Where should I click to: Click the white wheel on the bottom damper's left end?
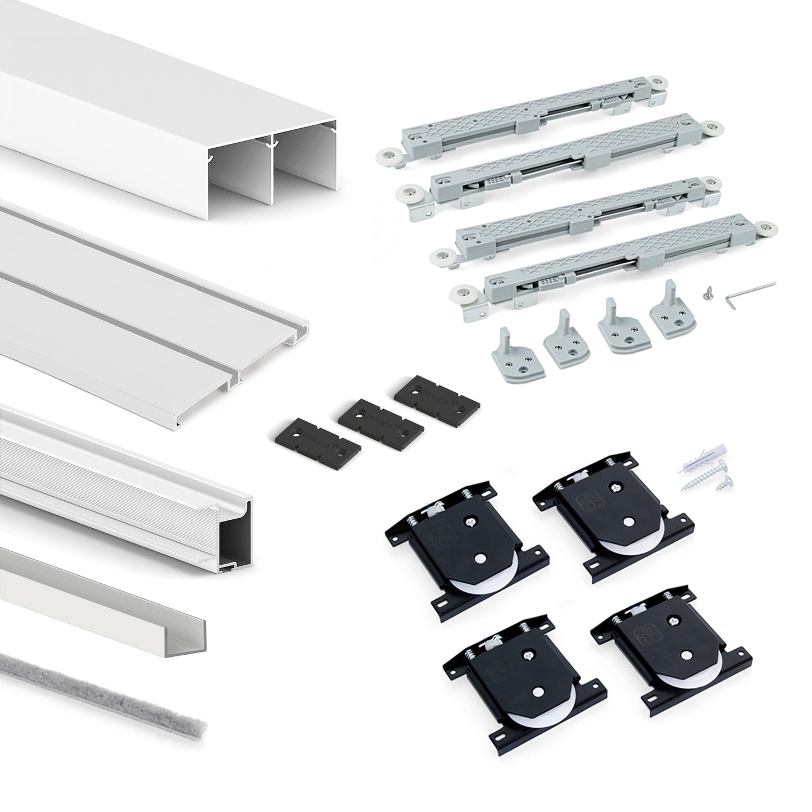[462, 292]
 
